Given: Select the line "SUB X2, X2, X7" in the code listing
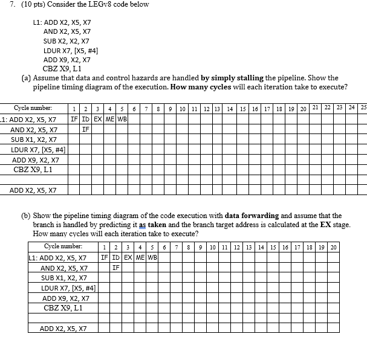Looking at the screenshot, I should pyautogui.click(x=67, y=40).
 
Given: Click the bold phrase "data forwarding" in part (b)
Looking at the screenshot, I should pyautogui.click(x=252, y=216).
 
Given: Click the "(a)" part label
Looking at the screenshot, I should pyautogui.click(x=25, y=78).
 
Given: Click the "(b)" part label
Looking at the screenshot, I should pyautogui.click(x=25, y=216).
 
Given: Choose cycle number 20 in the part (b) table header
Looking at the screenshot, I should pyautogui.click(x=333, y=247).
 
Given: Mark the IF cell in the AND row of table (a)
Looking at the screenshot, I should pyautogui.click(x=86, y=129).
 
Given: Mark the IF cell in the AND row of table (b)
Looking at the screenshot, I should pyautogui.click(x=116, y=268).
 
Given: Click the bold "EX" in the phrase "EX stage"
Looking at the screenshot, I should pyautogui.click(x=329, y=224).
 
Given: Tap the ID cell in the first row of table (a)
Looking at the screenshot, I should pyautogui.click(x=86, y=119).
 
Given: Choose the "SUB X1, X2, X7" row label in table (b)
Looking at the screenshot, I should pyautogui.click(x=64, y=278).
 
